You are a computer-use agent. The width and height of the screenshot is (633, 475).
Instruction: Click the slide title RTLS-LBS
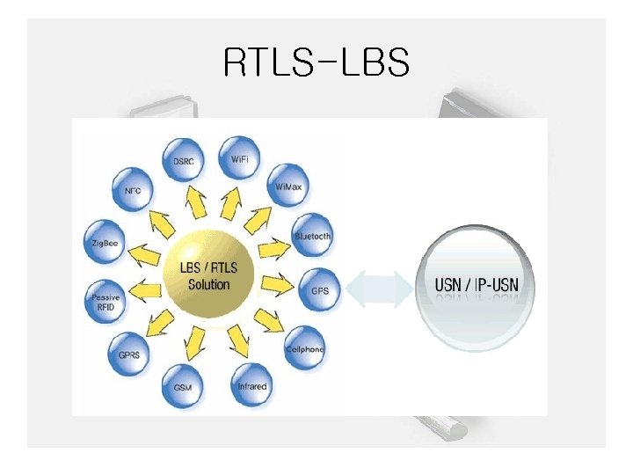(x=316, y=62)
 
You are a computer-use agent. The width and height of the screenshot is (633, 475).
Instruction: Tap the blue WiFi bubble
(x=239, y=158)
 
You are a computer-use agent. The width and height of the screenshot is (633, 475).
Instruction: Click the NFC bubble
(x=134, y=191)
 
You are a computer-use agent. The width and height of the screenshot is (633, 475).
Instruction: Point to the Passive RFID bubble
(x=106, y=303)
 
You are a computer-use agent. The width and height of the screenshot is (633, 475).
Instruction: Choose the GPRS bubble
(x=129, y=354)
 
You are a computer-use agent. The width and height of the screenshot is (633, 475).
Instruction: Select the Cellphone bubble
(x=305, y=348)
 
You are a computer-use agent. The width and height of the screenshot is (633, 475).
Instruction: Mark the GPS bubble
(x=318, y=290)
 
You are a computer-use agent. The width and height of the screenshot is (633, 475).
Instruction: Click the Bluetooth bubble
(x=313, y=236)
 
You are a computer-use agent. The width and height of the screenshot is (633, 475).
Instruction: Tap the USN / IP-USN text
(x=477, y=285)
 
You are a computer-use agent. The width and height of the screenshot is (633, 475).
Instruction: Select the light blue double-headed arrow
(x=380, y=288)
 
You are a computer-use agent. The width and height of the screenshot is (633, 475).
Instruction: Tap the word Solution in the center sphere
(x=209, y=285)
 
